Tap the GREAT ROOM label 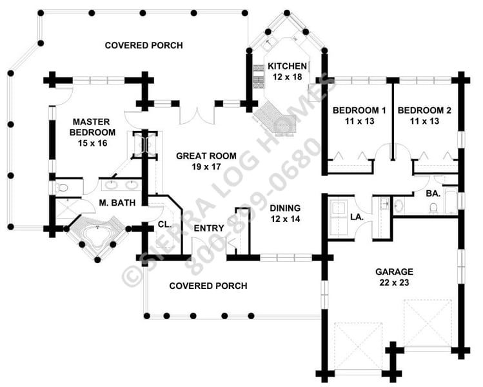pos(206,155)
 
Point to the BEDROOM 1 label pos(359,110)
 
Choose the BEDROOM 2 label pos(424,110)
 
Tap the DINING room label pos(286,208)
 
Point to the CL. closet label pos(164,224)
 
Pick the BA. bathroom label pos(432,192)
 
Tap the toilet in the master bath pos(62,188)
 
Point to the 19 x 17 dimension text pos(206,166)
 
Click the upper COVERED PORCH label pos(143,45)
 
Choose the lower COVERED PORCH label pos(208,286)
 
